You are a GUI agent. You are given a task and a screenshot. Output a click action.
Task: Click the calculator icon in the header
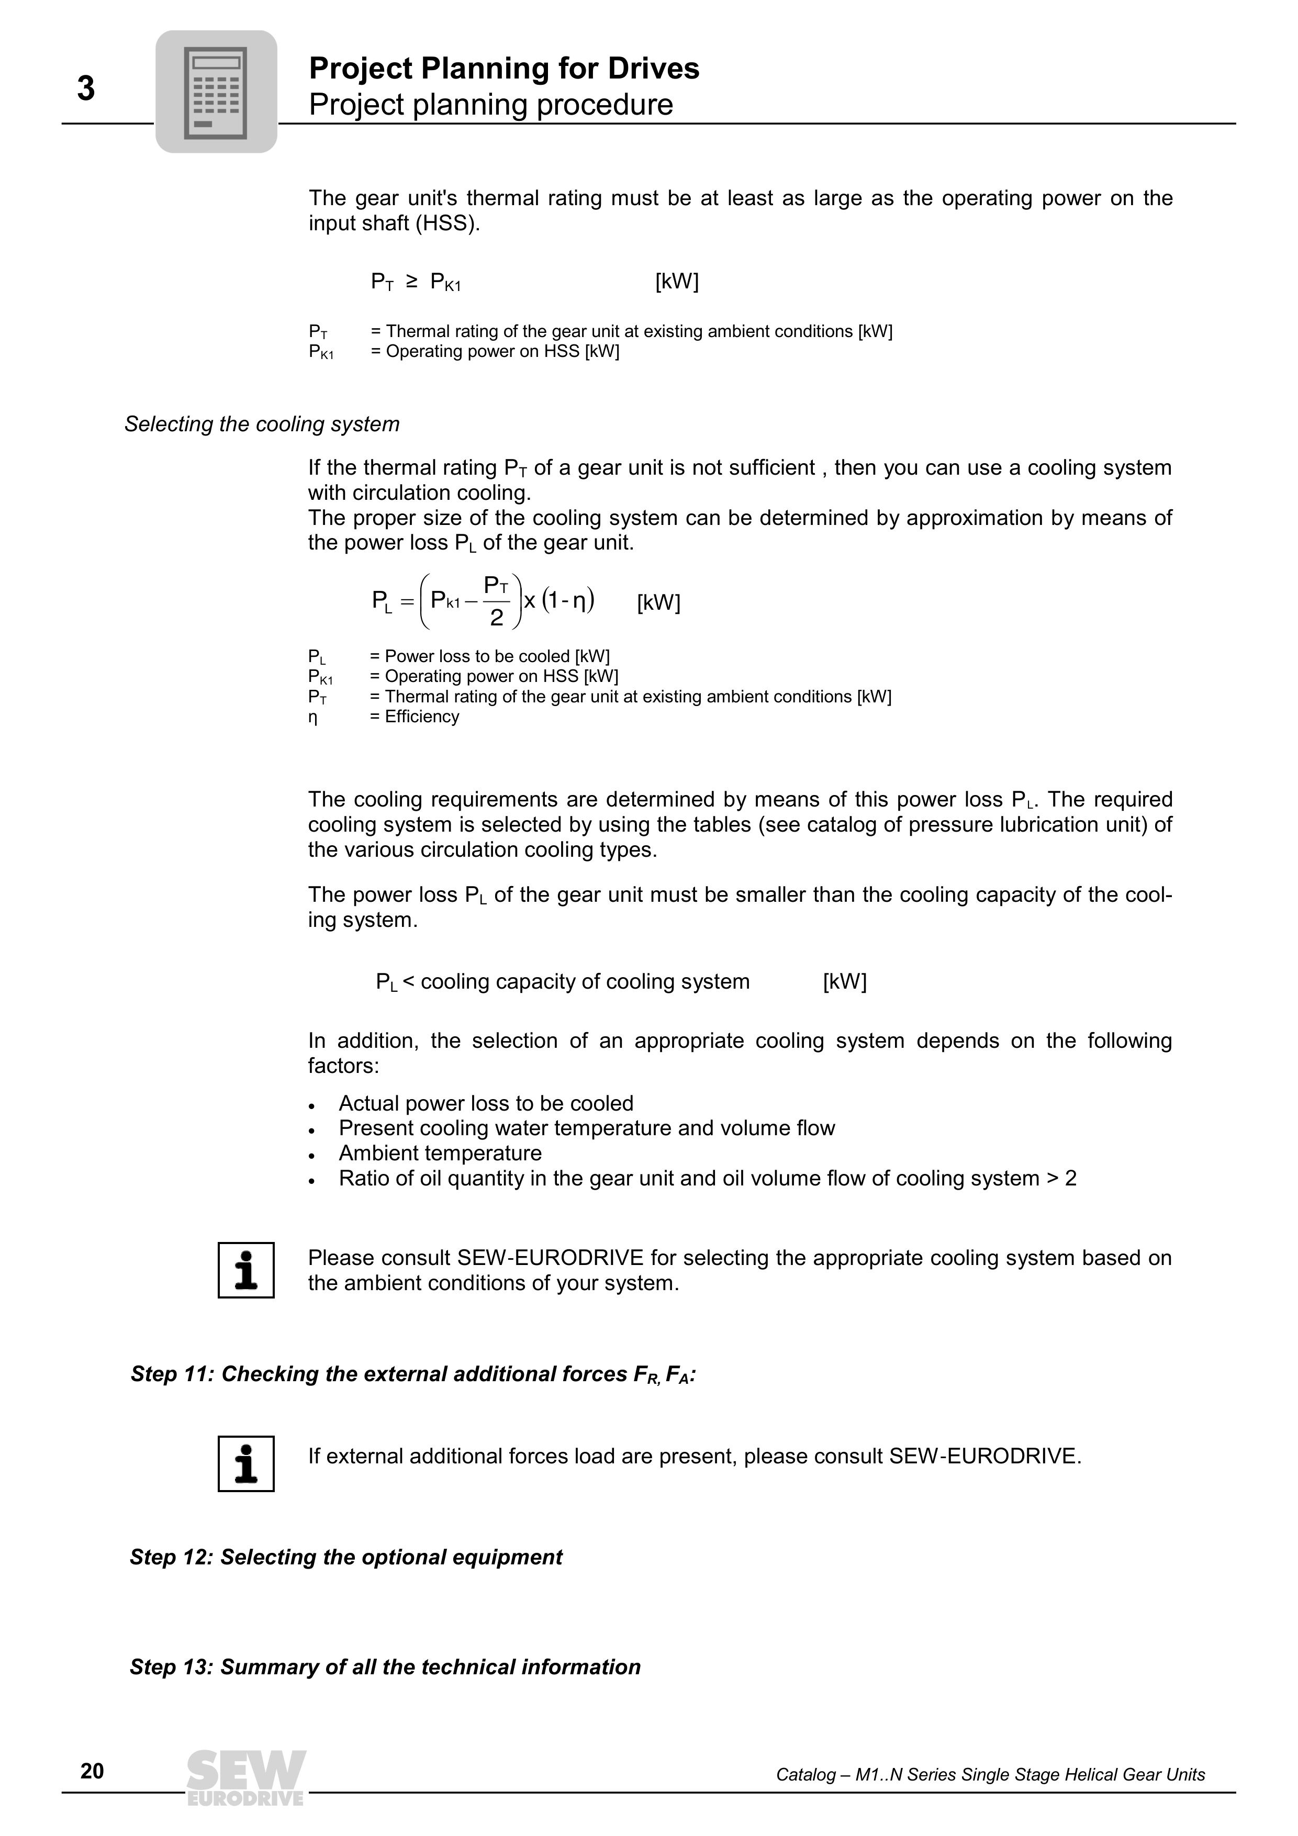coord(216,92)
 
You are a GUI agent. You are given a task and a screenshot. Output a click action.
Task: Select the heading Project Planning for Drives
coord(504,69)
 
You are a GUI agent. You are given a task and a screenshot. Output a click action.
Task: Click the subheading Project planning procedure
coord(490,105)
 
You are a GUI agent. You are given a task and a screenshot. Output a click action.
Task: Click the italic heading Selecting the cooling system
coord(262,424)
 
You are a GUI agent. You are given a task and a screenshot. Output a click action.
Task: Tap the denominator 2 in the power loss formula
coord(497,618)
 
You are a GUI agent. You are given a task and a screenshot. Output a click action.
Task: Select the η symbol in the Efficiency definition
coord(312,718)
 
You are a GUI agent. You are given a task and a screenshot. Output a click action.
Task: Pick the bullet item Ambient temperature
coord(440,1153)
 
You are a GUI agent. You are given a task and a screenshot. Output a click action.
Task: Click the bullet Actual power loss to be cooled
coord(486,1103)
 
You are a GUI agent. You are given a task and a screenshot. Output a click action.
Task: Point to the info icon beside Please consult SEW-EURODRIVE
coord(247,1270)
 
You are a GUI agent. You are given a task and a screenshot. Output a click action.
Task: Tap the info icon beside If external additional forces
coord(247,1463)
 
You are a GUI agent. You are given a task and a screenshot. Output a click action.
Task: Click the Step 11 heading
coord(412,1374)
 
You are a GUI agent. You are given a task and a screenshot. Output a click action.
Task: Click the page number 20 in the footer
coord(92,1771)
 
